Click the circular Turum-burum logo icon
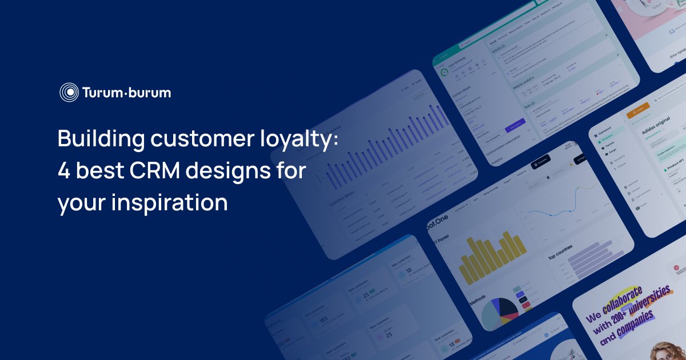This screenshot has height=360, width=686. point(69,92)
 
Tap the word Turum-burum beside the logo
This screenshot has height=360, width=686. point(126,92)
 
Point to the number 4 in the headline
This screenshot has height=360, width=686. point(63,171)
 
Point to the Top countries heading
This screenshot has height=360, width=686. point(560,251)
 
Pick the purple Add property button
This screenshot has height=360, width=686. point(515,125)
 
